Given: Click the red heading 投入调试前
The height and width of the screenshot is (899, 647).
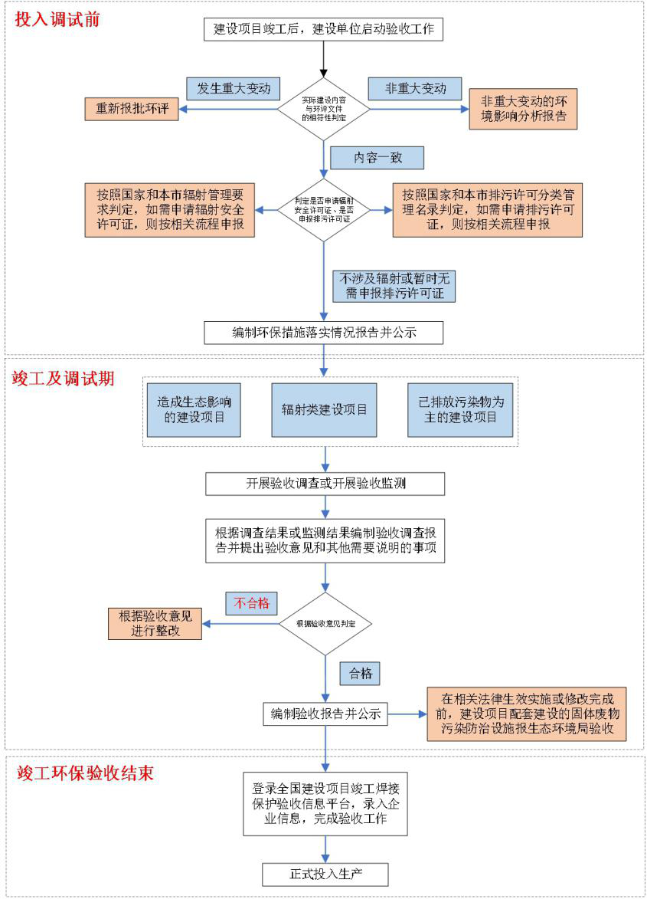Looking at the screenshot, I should [58, 20].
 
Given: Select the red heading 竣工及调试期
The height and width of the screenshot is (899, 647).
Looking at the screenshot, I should [64, 378].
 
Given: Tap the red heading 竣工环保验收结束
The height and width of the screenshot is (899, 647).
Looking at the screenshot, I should [86, 772].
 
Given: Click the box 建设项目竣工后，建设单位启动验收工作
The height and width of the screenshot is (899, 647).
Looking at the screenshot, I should [324, 29].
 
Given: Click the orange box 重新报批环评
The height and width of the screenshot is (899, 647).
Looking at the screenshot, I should [132, 110].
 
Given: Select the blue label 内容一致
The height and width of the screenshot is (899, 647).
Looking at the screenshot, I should [377, 158].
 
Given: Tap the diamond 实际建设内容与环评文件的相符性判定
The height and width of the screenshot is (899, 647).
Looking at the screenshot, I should [324, 110].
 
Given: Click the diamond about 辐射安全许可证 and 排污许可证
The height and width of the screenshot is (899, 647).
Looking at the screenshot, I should [324, 208].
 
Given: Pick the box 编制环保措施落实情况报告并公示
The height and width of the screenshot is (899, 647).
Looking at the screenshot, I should [324, 333].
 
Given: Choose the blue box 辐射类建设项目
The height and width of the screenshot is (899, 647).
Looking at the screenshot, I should [324, 409].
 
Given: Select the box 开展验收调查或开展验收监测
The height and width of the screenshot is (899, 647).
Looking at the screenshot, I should [325, 484].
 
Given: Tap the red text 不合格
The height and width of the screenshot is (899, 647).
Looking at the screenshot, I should [252, 602].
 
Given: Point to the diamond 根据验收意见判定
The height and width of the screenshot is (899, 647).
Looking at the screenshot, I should [325, 624].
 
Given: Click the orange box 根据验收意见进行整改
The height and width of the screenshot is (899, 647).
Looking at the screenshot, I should [155, 623].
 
